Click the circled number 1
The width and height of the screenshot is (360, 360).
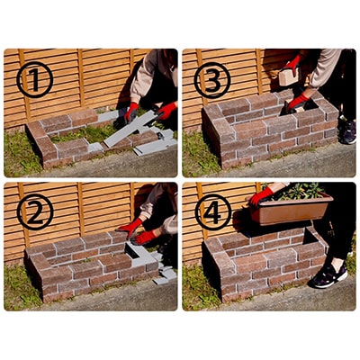tap(35, 80)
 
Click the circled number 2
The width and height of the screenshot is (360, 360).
tap(35, 212)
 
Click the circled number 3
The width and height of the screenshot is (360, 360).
tap(212, 80)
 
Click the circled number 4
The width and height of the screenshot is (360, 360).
tap(212, 212)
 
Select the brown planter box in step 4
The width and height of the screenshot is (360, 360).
tap(290, 210)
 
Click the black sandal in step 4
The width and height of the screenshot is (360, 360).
tap(328, 274)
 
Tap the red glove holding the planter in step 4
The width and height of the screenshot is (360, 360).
tap(261, 195)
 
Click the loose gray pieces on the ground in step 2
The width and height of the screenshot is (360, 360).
tap(164, 274)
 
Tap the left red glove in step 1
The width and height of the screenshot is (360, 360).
tap(132, 112)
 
